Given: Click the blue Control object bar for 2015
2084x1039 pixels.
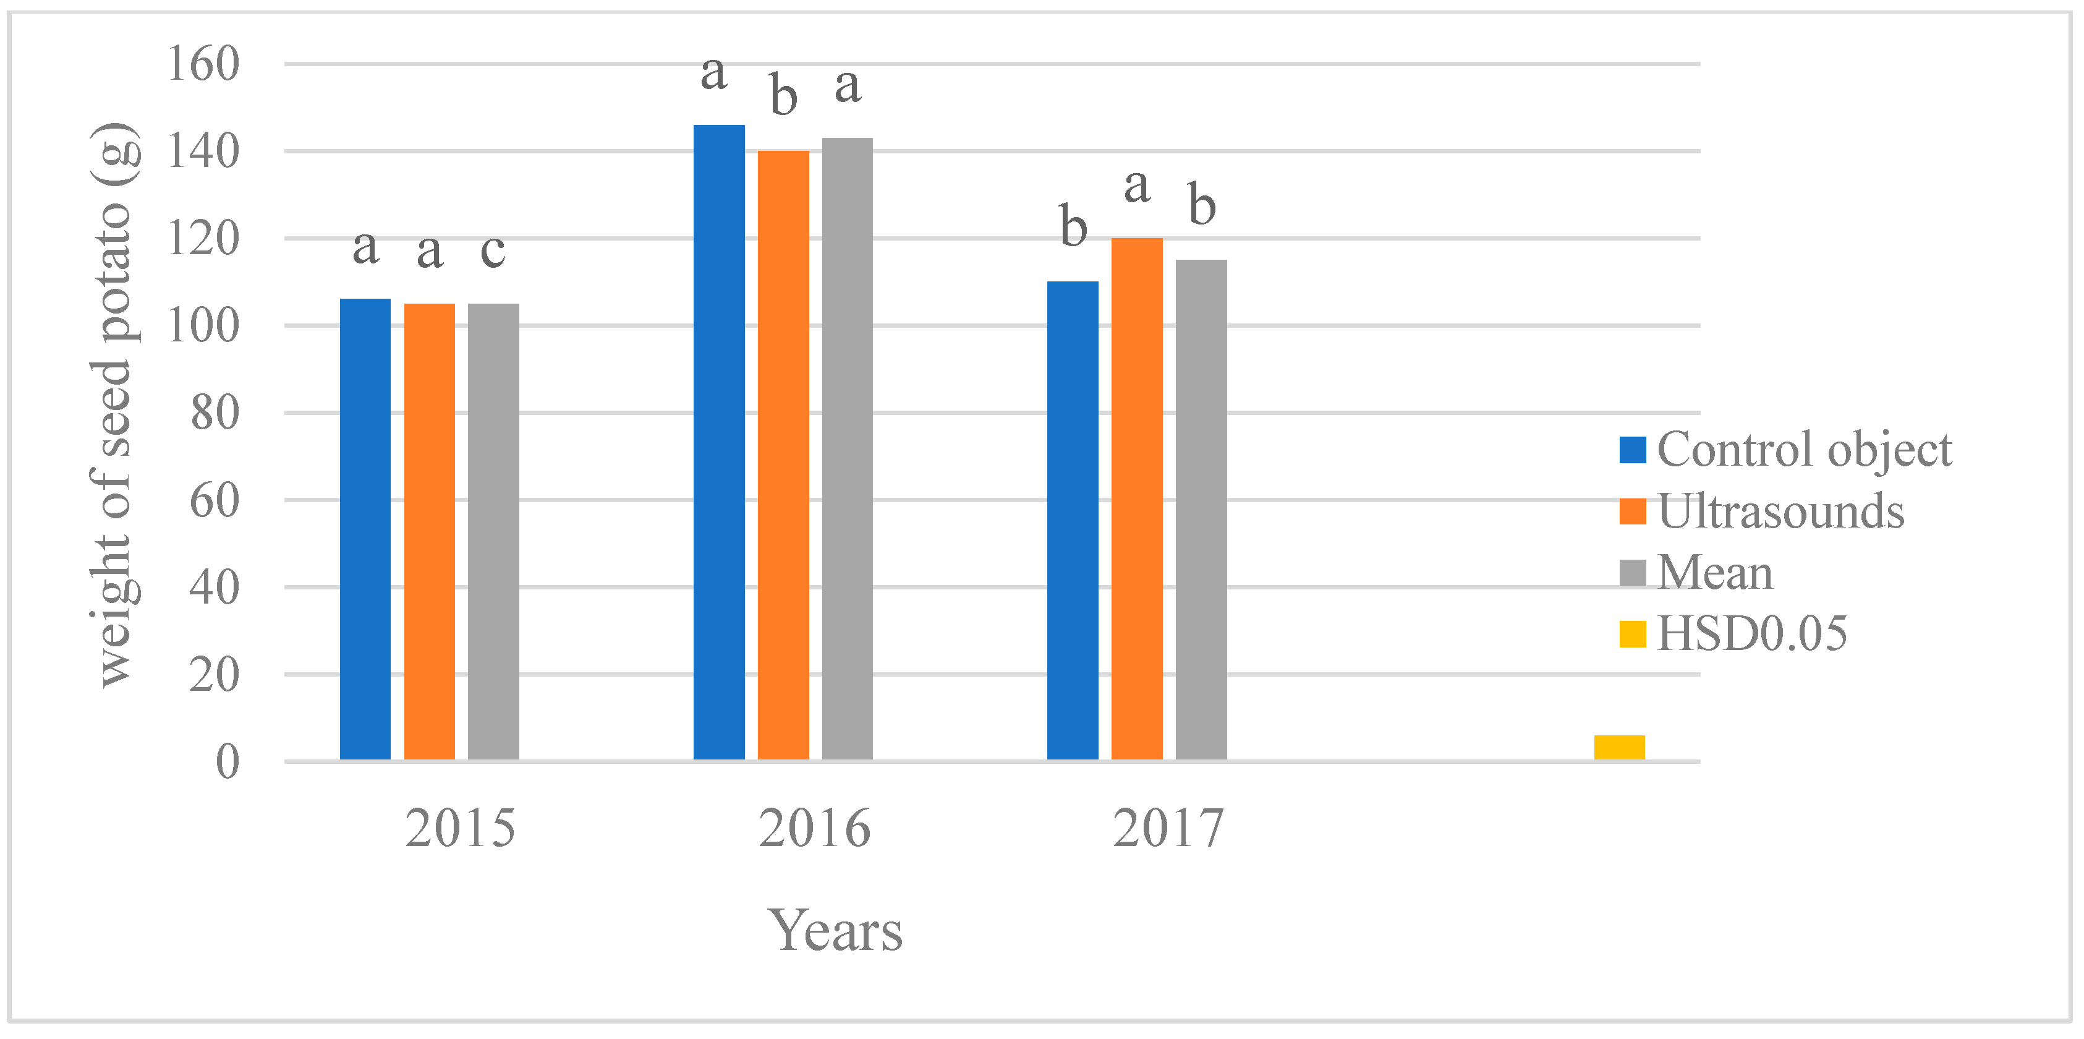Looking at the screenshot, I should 365,529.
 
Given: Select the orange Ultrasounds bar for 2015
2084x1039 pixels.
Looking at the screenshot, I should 429,532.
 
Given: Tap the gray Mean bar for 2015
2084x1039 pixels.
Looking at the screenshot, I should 493,532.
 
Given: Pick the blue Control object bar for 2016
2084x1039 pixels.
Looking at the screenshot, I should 718,443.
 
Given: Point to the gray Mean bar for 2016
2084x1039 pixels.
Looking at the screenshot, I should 847,449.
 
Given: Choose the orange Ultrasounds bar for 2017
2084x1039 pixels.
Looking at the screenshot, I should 1137,498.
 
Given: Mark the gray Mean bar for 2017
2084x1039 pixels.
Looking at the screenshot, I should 1201,510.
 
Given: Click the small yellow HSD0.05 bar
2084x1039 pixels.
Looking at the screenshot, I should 1619,747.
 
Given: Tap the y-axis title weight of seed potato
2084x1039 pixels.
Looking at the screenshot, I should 114,404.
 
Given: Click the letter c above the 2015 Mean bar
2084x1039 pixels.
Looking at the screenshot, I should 493,251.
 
